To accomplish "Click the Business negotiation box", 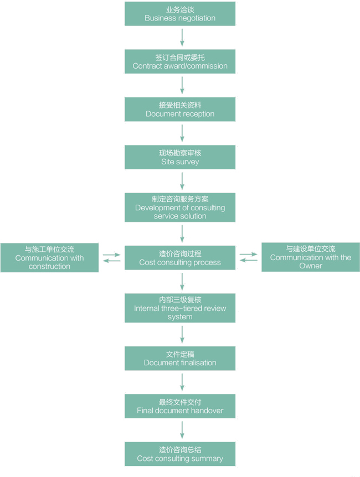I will pyautogui.click(x=180, y=14).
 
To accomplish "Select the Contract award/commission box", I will pyautogui.click(x=180, y=61).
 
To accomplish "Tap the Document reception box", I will pyautogui.click(x=180, y=110).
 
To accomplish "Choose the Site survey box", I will pyautogui.click(x=180, y=157).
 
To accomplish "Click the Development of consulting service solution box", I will pyautogui.click(x=180, y=208).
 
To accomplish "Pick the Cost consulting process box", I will pyautogui.click(x=180, y=258).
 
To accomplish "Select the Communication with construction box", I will pyautogui.click(x=50, y=258).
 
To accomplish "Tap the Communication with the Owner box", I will pyautogui.click(x=311, y=257).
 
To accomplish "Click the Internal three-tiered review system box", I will pyautogui.click(x=180, y=308).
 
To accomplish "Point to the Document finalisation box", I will pyautogui.click(x=180, y=359).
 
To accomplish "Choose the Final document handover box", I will pyautogui.click(x=180, y=406).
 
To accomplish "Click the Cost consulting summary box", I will pyautogui.click(x=180, y=454).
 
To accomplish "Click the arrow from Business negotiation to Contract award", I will pyautogui.click(x=182, y=37).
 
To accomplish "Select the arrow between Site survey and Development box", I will pyautogui.click(x=182, y=181).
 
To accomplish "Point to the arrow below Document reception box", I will pyautogui.click(x=182, y=133).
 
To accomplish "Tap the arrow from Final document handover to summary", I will pyautogui.click(x=182, y=430).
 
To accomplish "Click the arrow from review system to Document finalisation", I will pyautogui.click(x=182, y=334).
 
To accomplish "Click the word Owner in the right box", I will pyautogui.click(x=311, y=266).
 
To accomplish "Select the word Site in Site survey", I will pyautogui.click(x=168, y=162).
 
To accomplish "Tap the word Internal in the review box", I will pyautogui.click(x=147, y=308).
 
